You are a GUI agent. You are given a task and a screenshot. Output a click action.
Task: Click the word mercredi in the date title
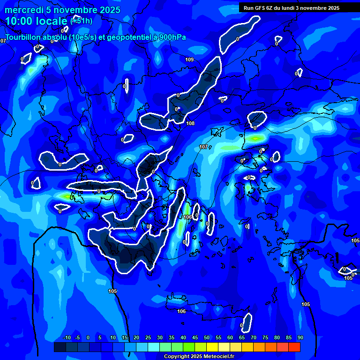pos(24,10)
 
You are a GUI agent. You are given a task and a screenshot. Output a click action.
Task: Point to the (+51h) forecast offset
pos(81,21)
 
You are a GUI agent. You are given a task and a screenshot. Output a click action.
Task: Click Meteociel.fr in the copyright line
pos(220,357)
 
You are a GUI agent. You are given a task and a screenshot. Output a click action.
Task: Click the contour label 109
pos(189,60)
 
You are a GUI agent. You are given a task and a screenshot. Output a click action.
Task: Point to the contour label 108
pos(190,124)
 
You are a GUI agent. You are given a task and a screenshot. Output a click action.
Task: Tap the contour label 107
pos(203,147)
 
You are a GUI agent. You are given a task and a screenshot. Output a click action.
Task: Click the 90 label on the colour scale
pos(300,337)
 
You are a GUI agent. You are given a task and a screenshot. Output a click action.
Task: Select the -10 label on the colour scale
pos(66,337)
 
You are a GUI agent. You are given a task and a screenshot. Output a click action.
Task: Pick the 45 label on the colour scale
pos(195,337)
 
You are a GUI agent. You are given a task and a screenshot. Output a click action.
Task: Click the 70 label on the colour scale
pos(253,337)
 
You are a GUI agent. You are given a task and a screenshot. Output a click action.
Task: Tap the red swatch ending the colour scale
pos(294,347)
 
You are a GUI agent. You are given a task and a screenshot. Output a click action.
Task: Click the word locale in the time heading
pos(52,21)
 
